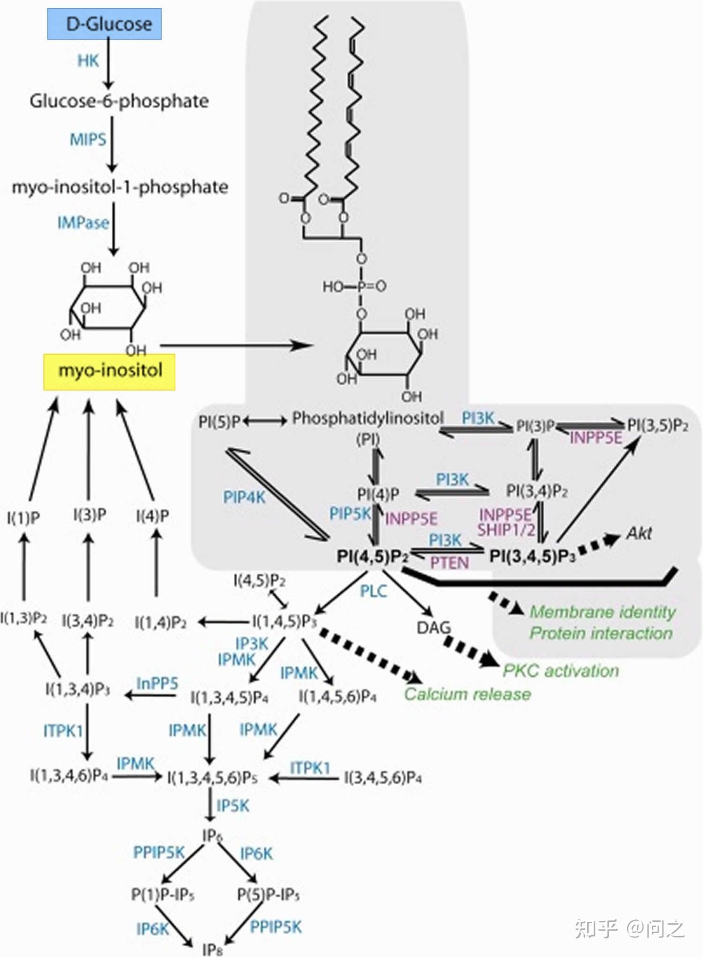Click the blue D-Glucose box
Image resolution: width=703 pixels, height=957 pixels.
click(104, 24)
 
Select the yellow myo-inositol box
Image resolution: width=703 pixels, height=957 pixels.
click(109, 371)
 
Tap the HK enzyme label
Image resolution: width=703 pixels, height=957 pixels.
click(88, 61)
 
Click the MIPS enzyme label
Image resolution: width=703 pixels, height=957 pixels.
click(88, 140)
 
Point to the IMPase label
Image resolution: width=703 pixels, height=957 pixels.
click(83, 223)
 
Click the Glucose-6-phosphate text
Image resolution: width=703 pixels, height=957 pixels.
click(119, 101)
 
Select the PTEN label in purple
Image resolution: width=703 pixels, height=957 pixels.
click(449, 563)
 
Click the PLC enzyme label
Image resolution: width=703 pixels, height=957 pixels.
click(373, 591)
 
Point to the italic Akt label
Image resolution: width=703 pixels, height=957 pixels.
click(639, 534)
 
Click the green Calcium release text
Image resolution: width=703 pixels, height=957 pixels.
click(467, 694)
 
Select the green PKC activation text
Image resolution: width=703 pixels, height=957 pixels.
click(560, 671)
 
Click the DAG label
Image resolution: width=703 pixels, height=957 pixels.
click(434, 627)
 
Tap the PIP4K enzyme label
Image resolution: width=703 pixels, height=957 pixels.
click(244, 498)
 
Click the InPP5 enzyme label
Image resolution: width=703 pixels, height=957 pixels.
click(157, 683)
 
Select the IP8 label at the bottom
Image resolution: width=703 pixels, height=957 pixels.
click(212, 949)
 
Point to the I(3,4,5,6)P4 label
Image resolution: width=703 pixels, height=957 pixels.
click(383, 777)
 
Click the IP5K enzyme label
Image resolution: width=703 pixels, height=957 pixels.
click(233, 806)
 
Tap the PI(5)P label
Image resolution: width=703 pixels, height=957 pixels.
click(220, 421)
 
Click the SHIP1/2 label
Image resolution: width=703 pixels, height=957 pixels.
click(506, 530)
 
